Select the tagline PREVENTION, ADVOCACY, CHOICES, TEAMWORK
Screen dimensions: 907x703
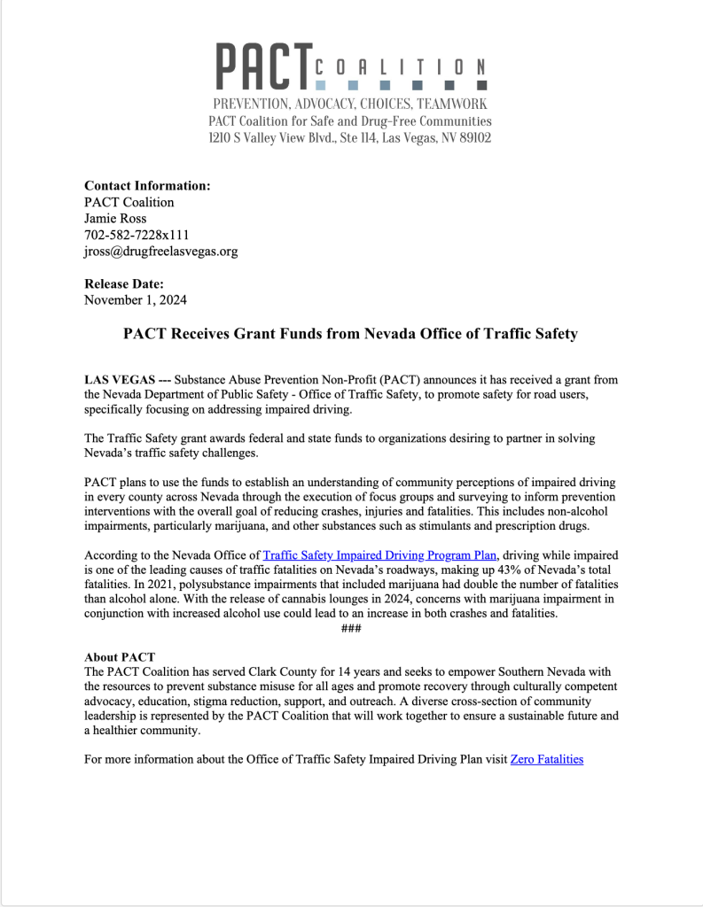(x=350, y=105)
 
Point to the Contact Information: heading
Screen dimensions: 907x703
(x=147, y=186)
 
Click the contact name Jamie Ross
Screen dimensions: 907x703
(x=115, y=218)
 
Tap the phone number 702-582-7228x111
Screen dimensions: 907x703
(x=137, y=235)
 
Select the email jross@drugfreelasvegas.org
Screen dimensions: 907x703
(x=160, y=251)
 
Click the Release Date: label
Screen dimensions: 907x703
(x=124, y=283)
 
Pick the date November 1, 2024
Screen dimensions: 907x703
(x=136, y=299)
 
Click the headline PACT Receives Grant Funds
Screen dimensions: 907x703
(x=350, y=334)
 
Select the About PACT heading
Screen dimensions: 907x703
(x=120, y=657)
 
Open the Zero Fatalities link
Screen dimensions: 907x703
(x=547, y=758)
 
